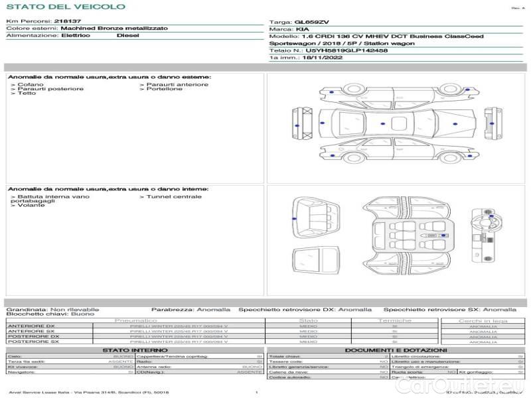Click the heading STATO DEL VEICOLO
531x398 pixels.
tap(65, 7)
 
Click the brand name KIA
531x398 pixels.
tap(301, 30)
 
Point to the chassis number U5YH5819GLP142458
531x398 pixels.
tap(346, 50)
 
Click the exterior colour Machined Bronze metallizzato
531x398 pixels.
tap(114, 29)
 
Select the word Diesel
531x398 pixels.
tap(128, 36)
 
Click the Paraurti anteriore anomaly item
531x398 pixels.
tap(177, 84)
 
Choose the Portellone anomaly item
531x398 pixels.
tap(163, 89)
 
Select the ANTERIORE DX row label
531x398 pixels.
tap(31, 326)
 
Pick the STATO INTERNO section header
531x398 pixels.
tap(135, 350)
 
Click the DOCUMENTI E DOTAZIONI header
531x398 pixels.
tap(396, 350)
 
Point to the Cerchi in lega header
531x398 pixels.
tap(483, 320)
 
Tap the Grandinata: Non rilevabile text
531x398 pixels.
tap(52, 309)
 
